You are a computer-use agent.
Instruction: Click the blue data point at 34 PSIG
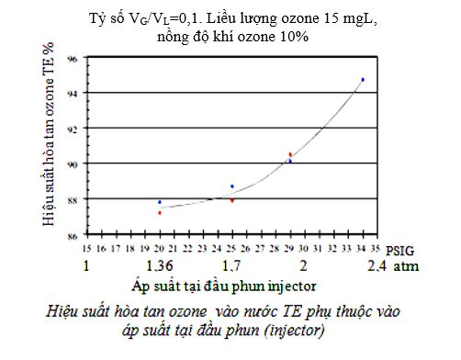click(x=363, y=80)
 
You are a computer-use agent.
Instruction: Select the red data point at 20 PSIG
click(x=160, y=213)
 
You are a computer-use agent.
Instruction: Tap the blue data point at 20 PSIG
click(x=160, y=202)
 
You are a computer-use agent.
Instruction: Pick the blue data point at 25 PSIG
click(x=232, y=186)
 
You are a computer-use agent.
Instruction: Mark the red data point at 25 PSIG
click(x=232, y=199)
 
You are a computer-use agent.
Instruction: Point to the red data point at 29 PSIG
click(x=290, y=154)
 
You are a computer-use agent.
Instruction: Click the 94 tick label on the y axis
click(x=74, y=93)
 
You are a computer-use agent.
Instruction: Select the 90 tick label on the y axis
click(x=74, y=163)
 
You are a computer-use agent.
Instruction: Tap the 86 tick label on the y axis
click(x=74, y=235)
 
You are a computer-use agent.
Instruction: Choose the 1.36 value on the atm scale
click(x=160, y=267)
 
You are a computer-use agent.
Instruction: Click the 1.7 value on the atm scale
click(x=232, y=267)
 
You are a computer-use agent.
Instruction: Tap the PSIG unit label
click(x=399, y=249)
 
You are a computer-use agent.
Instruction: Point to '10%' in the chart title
click(x=288, y=36)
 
